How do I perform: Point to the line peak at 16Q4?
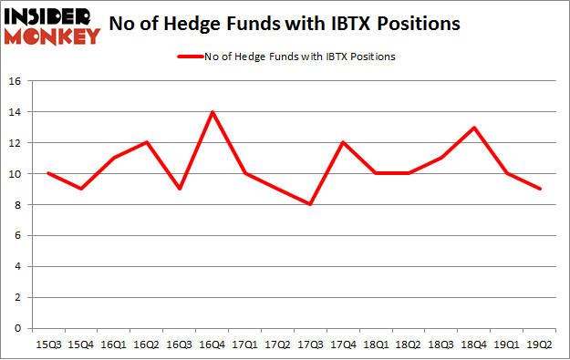pos(212,112)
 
